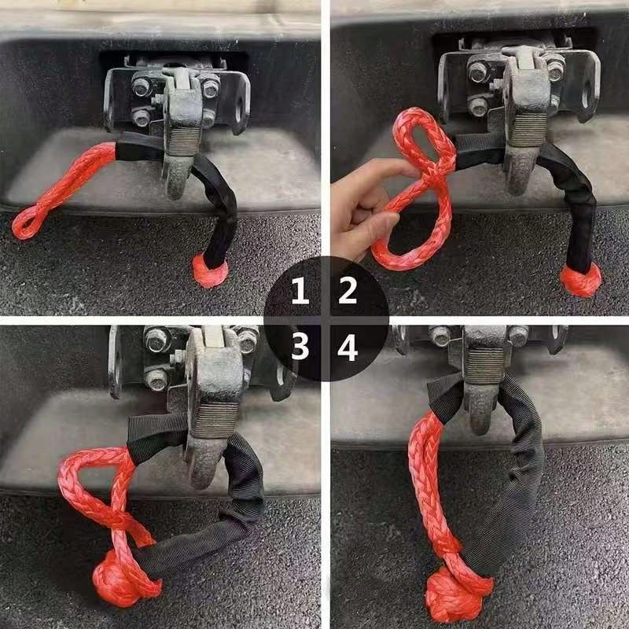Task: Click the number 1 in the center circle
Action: point(300,293)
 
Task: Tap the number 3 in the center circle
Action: point(300,347)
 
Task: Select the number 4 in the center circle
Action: point(348,347)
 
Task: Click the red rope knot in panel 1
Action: point(210,271)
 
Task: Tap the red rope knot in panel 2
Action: point(582,279)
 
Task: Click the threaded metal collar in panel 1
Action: point(183,142)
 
